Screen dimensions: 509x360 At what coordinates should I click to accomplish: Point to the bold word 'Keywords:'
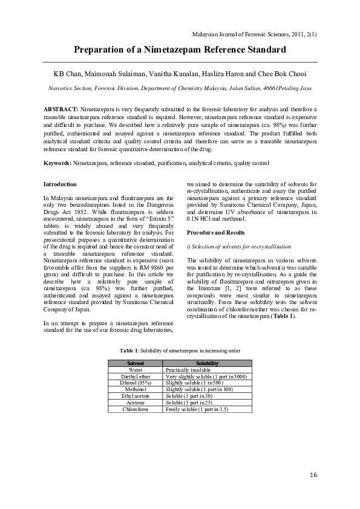coord(57,163)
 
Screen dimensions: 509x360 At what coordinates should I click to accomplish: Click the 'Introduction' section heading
coord(60,183)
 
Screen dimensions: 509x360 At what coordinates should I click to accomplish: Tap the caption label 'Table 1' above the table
coord(128,350)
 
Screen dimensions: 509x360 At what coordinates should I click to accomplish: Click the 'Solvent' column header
coord(136,363)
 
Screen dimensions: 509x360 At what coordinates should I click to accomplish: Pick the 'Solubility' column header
coord(207,363)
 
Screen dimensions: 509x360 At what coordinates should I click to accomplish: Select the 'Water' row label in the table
coord(136,369)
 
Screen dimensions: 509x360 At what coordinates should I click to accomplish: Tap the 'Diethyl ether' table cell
coord(136,376)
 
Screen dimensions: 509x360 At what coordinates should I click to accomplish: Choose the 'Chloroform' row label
coord(136,409)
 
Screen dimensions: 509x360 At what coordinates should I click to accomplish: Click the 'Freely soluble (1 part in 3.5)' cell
coord(197,409)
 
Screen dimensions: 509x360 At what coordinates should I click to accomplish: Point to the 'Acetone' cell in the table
coord(136,403)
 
